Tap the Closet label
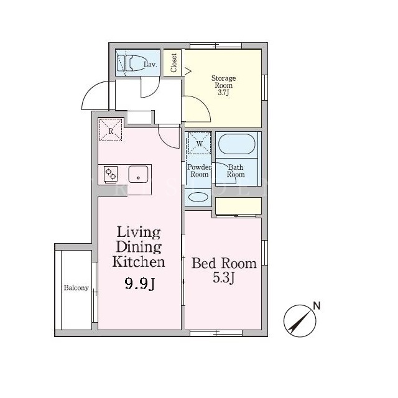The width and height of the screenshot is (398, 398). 174,63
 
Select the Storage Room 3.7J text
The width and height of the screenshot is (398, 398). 223,85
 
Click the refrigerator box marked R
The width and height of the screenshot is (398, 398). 111,130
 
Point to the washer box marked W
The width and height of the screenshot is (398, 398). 200,142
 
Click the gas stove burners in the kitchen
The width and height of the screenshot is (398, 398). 111,174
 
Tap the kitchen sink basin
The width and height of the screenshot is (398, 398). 138,174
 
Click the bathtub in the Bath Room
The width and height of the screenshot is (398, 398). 236,144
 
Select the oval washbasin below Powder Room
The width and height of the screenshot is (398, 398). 198,197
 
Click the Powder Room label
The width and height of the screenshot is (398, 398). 199,170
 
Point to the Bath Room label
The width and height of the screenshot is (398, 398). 236,170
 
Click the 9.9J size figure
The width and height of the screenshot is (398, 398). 139,284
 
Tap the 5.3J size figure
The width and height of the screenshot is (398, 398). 223,278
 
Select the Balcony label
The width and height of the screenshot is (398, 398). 76,287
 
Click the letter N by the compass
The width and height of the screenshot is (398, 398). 317,305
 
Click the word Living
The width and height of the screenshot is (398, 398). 139,233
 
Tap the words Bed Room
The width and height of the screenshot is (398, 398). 224,263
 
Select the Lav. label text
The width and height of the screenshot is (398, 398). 150,64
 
